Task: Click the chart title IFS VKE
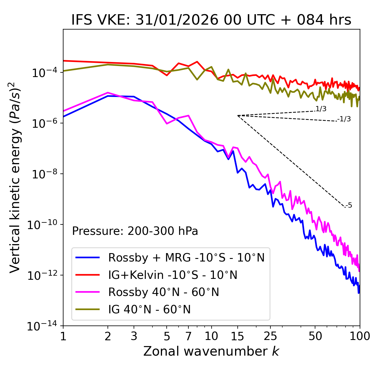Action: (211, 20)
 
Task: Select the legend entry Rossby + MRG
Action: (186, 257)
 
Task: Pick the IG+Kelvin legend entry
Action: (173, 275)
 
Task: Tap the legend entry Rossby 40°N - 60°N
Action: (163, 292)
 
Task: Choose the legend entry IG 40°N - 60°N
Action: (149, 310)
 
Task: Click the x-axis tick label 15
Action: (238, 336)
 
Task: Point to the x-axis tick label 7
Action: (188, 336)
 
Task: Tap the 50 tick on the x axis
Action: (315, 336)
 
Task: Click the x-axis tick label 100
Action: (360, 336)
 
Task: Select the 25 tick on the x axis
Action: (270, 336)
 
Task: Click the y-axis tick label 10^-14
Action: (41, 326)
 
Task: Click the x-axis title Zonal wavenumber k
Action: (211, 351)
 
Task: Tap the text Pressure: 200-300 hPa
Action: (135, 231)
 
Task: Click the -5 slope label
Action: (349, 206)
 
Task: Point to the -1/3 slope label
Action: (344, 119)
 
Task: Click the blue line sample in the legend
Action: (88, 257)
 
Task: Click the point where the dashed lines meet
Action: (238, 116)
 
